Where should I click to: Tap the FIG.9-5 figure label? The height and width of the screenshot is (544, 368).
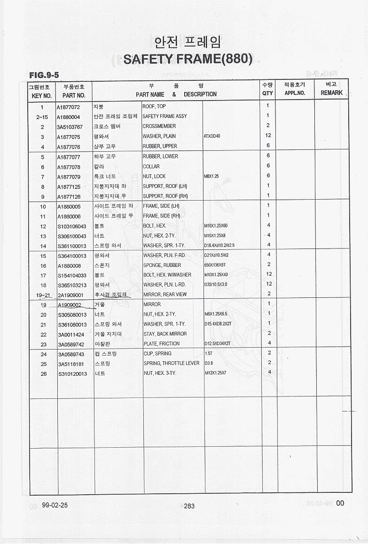(44, 75)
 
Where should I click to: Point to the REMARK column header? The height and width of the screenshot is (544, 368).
(331, 93)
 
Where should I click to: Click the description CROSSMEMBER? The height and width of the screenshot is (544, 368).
(159, 126)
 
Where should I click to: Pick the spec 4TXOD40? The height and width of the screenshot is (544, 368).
(212, 136)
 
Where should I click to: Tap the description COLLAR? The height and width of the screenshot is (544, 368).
(151, 166)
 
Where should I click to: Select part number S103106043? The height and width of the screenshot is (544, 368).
(72, 226)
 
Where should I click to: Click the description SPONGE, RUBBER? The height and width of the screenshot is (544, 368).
(162, 265)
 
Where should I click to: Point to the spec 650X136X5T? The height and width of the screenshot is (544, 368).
(215, 265)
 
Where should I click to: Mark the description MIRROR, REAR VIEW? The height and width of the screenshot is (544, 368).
(165, 295)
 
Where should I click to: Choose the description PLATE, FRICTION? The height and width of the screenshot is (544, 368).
(162, 344)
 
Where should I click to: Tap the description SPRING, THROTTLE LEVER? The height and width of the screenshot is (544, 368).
(172, 364)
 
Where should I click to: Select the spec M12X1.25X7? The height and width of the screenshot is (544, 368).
(216, 373)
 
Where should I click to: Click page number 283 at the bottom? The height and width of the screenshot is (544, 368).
(189, 506)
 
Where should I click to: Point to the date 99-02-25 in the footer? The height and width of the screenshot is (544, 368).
(55, 505)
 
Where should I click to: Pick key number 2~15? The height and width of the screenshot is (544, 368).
(42, 117)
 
